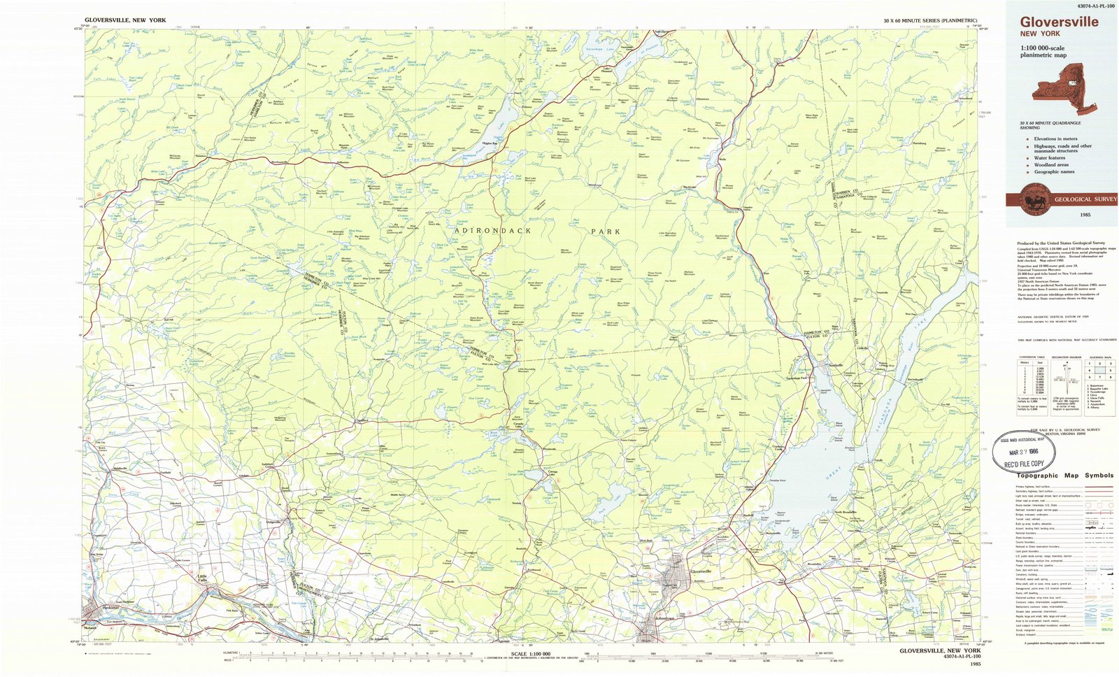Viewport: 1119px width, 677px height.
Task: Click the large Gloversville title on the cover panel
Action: (1059, 22)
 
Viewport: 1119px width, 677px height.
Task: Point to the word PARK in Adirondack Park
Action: (605, 231)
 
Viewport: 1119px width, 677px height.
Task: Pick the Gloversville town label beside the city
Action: (701, 571)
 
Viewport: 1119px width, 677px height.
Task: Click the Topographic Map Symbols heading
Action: (1064, 476)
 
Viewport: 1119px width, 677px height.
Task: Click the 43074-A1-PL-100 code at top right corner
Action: (1081, 6)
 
